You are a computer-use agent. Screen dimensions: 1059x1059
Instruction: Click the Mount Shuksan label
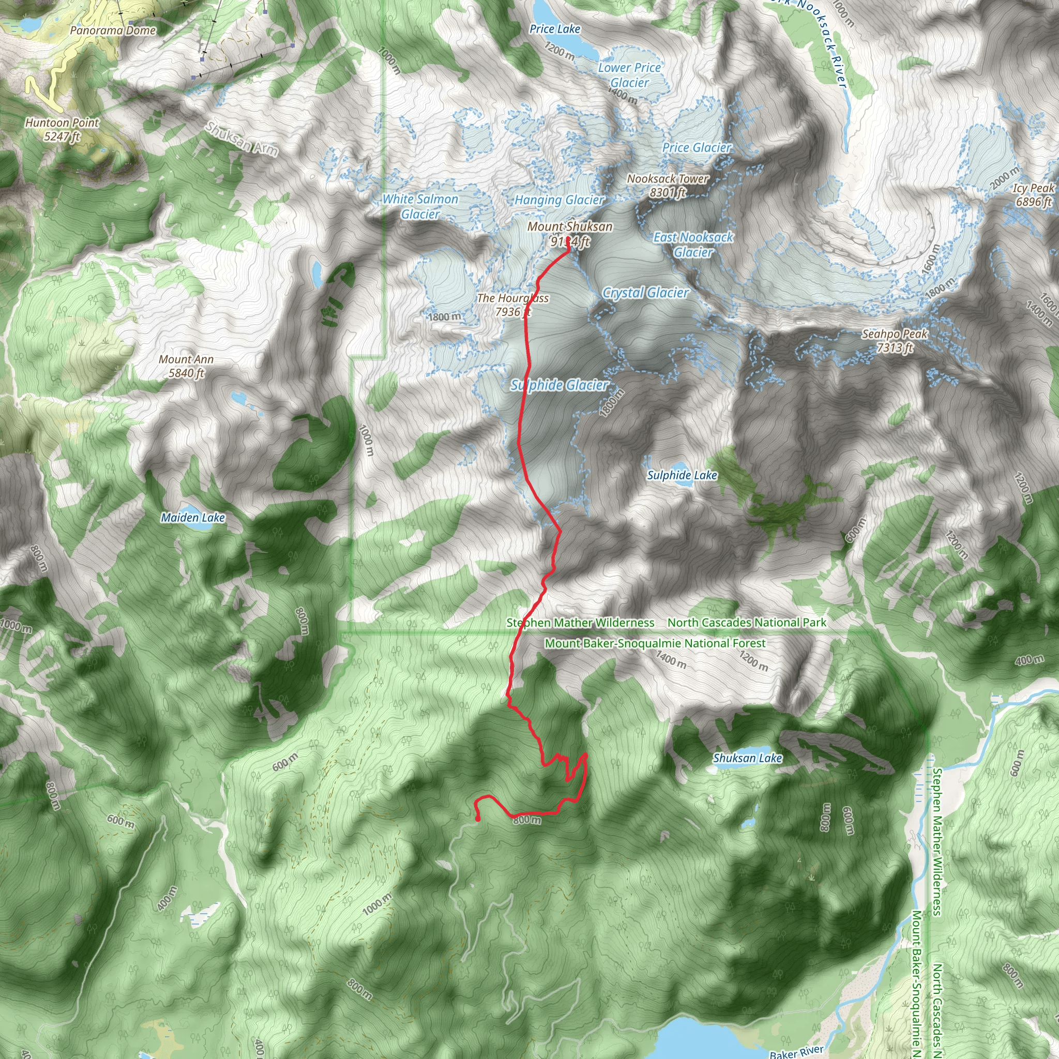pos(569,227)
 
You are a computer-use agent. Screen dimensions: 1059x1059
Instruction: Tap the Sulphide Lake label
pos(682,475)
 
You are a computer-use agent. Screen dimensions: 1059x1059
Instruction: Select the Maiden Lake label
pos(193,518)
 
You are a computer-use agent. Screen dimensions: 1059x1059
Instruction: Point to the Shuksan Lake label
pos(747,758)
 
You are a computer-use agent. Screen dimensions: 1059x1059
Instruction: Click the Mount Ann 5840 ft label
pos(186,366)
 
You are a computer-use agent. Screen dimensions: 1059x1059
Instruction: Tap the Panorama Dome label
pos(113,31)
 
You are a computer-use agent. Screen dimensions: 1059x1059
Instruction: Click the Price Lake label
pos(555,29)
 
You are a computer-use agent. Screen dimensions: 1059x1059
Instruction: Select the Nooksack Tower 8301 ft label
pos(668,185)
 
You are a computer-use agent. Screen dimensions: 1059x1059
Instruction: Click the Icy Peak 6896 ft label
pos(1033,194)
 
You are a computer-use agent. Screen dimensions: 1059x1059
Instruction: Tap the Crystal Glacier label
pos(646,293)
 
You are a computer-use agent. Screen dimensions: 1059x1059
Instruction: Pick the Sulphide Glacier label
pos(559,385)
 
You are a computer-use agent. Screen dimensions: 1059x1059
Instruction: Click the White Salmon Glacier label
pos(420,207)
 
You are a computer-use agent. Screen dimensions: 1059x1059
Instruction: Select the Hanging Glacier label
pos(559,200)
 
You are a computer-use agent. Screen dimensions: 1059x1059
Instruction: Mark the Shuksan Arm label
pos(241,139)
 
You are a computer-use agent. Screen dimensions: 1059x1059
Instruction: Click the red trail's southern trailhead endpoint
pos(478,819)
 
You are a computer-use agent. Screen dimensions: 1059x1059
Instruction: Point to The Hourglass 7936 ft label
pos(512,305)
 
